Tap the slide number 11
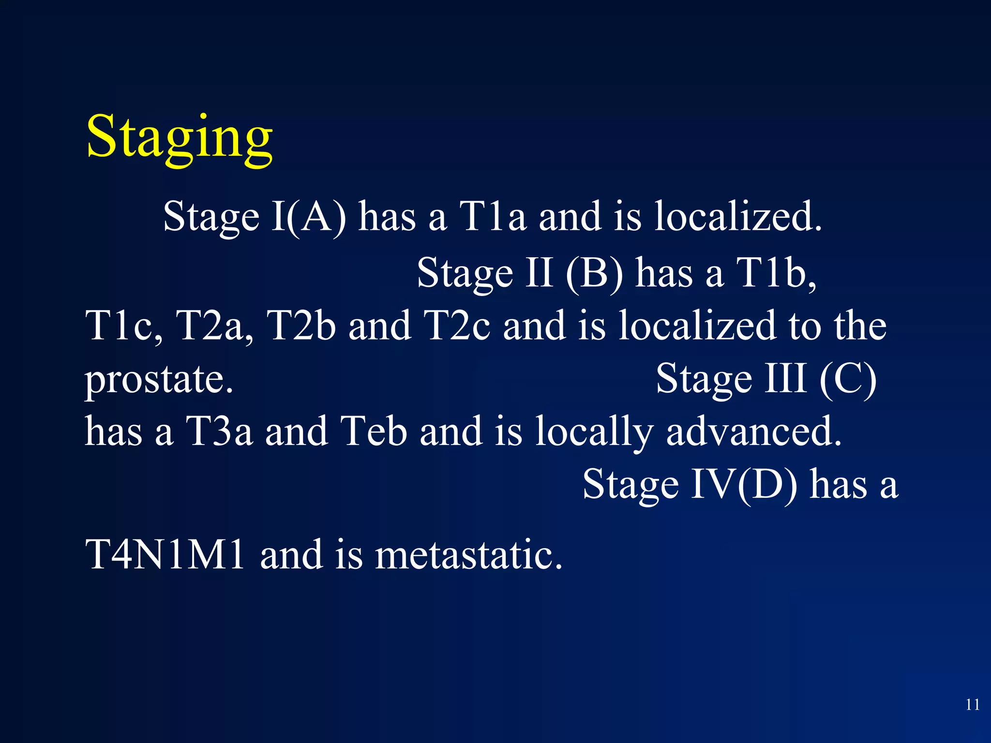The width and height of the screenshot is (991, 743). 972,705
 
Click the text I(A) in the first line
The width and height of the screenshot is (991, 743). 309,217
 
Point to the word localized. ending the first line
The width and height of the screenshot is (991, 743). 737,217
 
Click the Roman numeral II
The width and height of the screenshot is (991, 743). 539,273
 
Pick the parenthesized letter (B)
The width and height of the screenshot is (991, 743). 595,273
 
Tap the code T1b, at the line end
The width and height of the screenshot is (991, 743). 776,273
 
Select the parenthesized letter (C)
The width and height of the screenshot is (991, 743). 848,379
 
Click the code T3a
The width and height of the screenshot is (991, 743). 219,431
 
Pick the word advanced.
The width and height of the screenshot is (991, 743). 754,431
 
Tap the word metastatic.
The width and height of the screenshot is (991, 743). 468,555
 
